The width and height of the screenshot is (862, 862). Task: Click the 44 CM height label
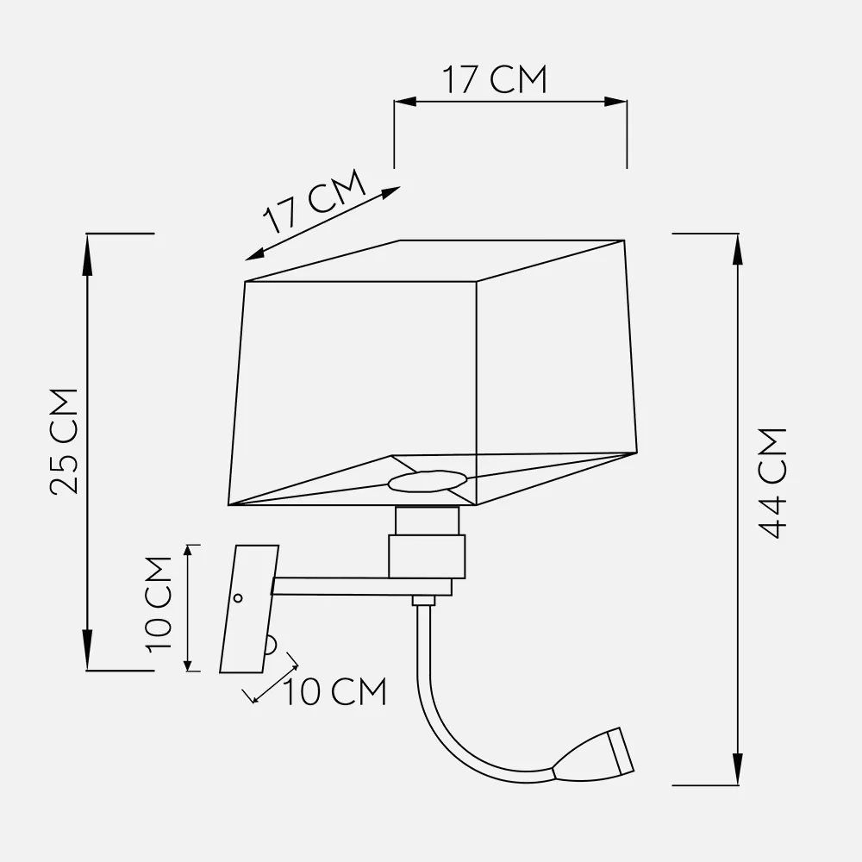point(771,483)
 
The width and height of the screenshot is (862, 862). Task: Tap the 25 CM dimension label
point(64,441)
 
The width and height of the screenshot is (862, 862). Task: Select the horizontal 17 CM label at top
point(495,79)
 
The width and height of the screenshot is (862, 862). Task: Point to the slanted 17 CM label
point(315,201)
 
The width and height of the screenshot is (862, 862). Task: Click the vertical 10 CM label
point(159,604)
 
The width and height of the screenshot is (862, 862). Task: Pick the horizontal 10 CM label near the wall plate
point(334,691)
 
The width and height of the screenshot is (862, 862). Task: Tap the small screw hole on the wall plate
point(238,597)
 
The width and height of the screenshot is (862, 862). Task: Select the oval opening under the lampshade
point(428,481)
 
